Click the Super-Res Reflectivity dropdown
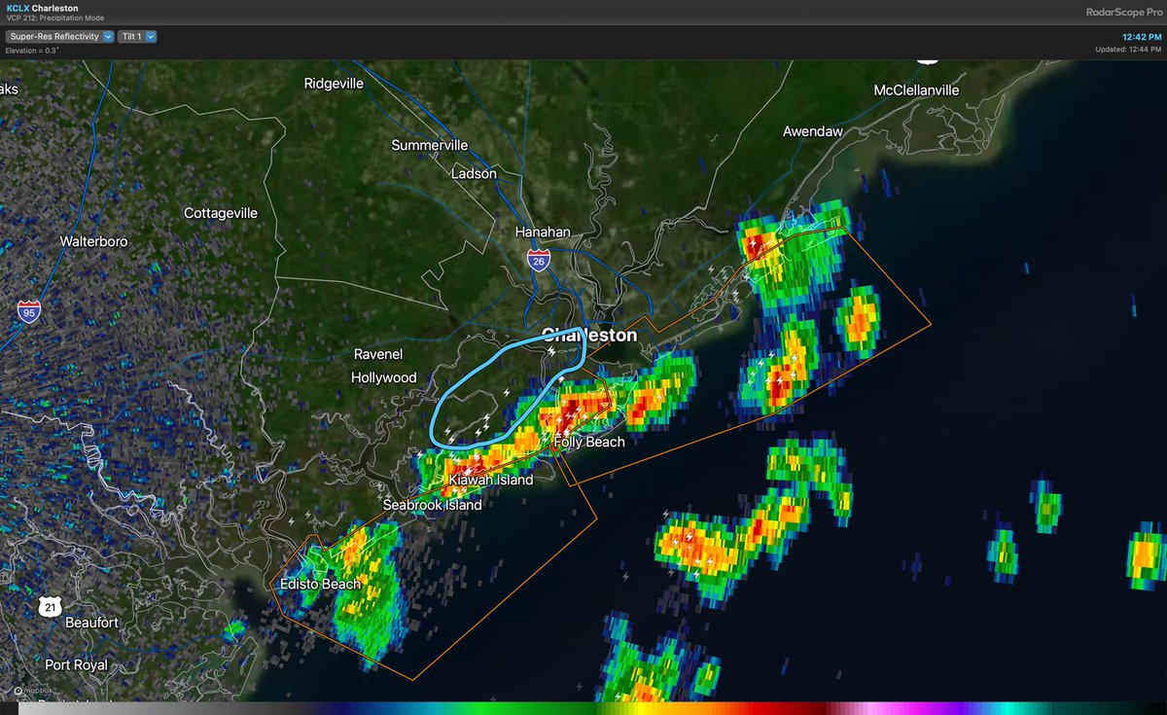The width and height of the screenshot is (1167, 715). pos(60,37)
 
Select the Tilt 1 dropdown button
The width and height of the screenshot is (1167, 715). pos(136,37)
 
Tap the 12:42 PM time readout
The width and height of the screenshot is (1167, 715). pos(1142,36)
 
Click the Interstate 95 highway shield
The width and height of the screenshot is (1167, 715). pos(28,310)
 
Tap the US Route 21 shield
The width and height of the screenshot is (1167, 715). pos(50,607)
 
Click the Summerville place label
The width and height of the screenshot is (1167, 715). pos(429,145)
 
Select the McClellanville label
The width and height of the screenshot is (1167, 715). pos(916,90)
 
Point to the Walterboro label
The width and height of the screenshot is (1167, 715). pos(93,240)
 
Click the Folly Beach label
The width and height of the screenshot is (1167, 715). pos(588,442)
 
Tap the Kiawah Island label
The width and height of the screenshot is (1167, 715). pos(490,480)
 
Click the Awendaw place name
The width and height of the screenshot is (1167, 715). pos(812,130)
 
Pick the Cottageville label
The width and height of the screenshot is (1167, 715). pos(221,212)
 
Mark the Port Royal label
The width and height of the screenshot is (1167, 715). pos(76,664)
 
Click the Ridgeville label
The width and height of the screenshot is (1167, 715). pos(334,84)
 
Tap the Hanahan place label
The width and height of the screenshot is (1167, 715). pos(543,232)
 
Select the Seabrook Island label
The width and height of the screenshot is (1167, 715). pos(432,505)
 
